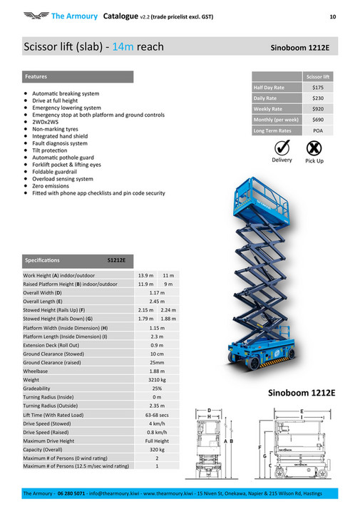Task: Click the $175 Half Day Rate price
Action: point(318,87)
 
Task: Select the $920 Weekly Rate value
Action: point(318,109)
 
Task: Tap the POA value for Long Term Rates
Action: point(318,130)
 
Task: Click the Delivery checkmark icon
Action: point(282,148)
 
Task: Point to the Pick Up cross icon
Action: point(314,148)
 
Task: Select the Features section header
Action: point(36,76)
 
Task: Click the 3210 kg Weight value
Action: point(157,381)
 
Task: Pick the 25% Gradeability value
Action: point(157,389)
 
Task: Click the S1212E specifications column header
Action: point(116,260)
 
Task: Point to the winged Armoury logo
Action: point(35,15)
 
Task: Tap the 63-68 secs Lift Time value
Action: point(157,415)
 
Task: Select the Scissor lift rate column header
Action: point(318,76)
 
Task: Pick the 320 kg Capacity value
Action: point(157,450)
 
